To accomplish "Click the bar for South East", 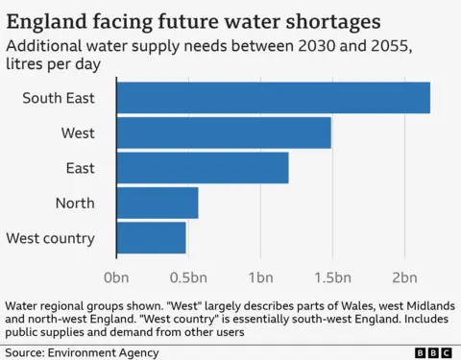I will click(x=273, y=99).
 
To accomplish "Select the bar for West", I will click(x=224, y=133).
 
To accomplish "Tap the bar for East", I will click(x=203, y=168).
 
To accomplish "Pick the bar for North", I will click(x=158, y=203).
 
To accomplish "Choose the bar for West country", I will click(x=151, y=237).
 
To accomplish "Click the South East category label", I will click(x=59, y=99).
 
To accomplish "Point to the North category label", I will click(x=75, y=203).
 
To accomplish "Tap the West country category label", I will click(x=50, y=237).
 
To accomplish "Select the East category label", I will click(x=81, y=168).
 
